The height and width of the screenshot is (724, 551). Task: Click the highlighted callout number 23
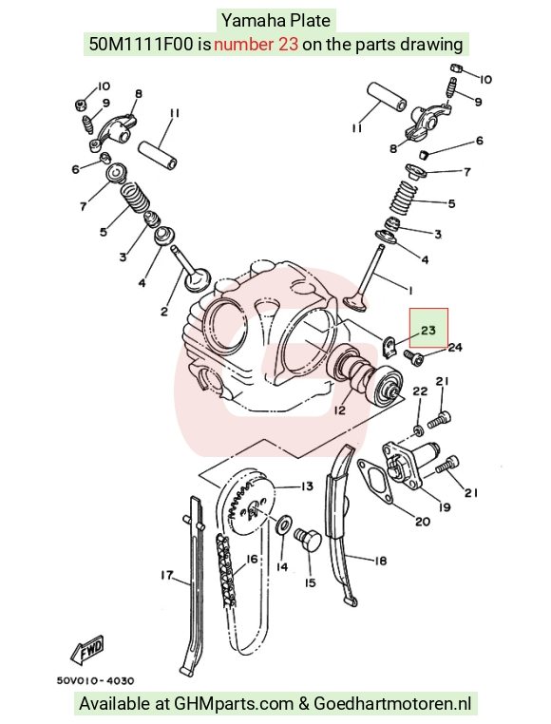(428, 330)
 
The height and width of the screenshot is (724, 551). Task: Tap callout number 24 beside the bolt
(455, 347)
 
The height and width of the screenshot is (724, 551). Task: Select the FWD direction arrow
(87, 650)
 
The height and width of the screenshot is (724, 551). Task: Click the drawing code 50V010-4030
(96, 680)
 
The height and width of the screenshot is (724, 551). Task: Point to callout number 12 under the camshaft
(339, 410)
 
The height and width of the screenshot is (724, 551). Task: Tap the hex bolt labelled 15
(307, 540)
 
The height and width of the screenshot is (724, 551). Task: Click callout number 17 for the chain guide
(167, 576)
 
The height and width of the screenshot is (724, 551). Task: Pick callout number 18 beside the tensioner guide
(380, 561)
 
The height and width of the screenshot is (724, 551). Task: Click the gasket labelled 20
(375, 481)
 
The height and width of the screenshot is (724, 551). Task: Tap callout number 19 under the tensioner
(445, 507)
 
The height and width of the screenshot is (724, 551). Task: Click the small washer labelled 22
(418, 430)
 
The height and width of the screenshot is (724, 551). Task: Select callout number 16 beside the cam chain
(251, 560)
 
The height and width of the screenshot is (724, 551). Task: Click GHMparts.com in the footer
(234, 704)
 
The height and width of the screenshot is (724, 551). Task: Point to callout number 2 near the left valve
(164, 312)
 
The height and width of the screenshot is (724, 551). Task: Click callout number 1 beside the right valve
(409, 290)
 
